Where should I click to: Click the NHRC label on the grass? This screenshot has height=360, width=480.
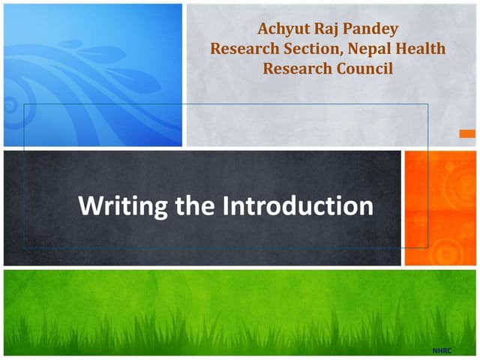[x=443, y=350]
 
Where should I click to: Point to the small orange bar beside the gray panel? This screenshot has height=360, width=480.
[x=466, y=133]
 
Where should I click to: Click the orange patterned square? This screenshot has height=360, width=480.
[x=440, y=208]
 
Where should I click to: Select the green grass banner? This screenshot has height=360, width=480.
[x=239, y=311]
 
